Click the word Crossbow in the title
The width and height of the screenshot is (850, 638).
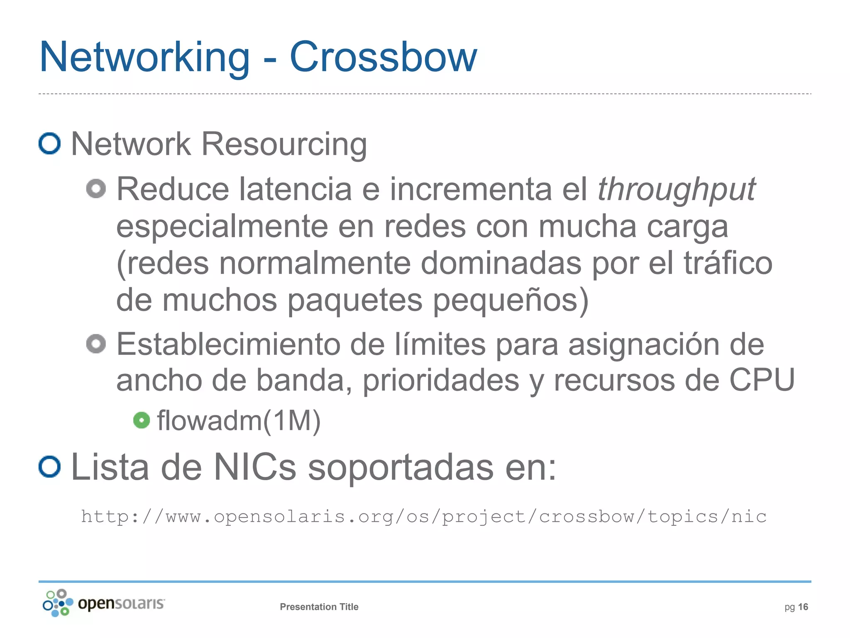pos(383,57)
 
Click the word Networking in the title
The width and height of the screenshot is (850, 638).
pos(145,57)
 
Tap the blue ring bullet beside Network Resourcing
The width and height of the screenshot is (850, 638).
pos(50,144)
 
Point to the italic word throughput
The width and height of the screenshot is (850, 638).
pos(676,190)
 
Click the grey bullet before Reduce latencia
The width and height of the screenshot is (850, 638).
pos(96,189)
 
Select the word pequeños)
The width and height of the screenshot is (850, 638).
pos(510,300)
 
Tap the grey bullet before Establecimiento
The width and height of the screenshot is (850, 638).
pos(96,344)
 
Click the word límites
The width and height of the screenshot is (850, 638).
pos(440,345)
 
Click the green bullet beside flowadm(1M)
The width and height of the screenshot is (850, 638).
pos(142,420)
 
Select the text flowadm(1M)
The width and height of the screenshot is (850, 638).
pos(239,421)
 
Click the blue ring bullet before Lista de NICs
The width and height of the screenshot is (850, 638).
pos(50,467)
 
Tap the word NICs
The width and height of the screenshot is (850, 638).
pos(255,467)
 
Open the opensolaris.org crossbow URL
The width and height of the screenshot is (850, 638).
pos(423,517)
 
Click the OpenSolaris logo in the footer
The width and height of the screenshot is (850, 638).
pos(104,603)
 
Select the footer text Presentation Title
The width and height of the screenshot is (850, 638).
pos(319,607)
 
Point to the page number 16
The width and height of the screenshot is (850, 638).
pos(803,607)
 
